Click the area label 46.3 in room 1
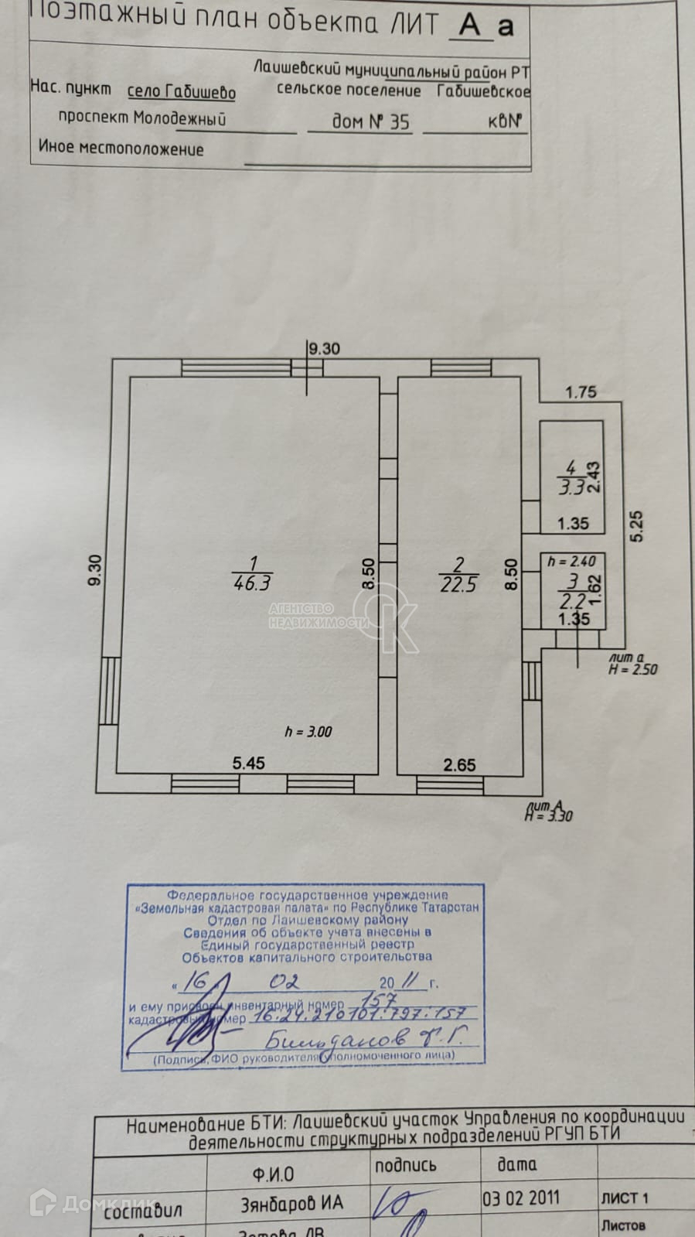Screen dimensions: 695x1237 252,583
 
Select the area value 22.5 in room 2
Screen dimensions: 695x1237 458,584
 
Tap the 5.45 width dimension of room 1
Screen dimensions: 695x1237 248,763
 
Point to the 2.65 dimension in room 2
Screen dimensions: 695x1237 459,765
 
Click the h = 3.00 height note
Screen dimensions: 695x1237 308,731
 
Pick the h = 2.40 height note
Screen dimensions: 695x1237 571,562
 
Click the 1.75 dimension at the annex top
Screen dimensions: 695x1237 581,392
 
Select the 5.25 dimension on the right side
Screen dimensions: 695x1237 636,526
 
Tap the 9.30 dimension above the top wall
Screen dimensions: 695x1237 324,349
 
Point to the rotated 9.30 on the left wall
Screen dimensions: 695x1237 94,571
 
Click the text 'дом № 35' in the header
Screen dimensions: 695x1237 370,121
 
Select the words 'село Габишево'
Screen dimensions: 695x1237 181,92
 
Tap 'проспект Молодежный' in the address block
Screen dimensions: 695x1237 141,118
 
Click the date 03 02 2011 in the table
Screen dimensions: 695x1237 520,1198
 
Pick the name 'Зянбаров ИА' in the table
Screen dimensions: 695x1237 291,1203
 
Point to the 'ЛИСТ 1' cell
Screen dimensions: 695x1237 624,1198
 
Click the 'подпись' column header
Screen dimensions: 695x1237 405,1165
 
